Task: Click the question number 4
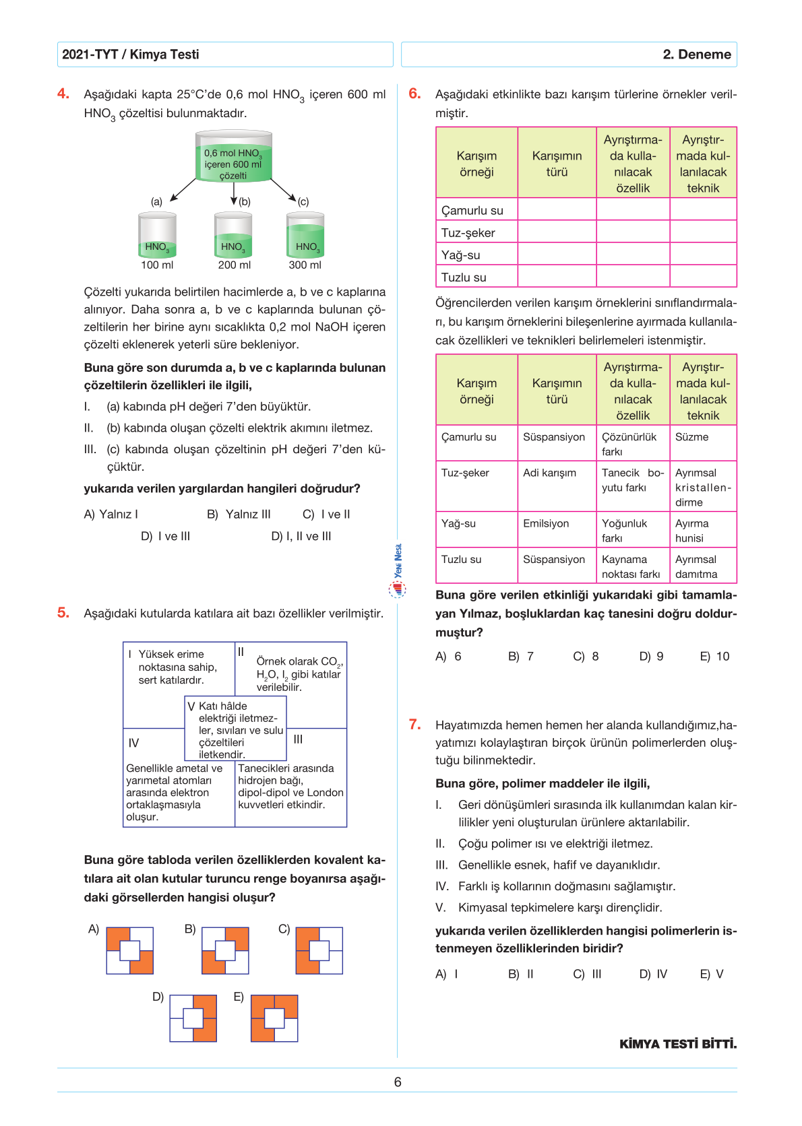(63, 94)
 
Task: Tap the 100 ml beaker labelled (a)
(157, 236)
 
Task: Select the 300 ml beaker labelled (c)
(305, 236)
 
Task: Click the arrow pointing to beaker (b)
(233, 193)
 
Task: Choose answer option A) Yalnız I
(111, 515)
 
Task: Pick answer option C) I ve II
(326, 515)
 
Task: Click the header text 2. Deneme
(696, 55)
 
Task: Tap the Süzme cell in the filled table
(692, 437)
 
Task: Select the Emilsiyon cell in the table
(546, 523)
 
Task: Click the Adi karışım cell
(549, 473)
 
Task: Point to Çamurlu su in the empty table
(472, 211)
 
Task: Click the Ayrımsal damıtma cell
(696, 566)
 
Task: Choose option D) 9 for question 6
(651, 657)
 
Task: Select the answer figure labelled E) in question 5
(274, 1018)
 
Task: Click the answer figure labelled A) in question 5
(130, 950)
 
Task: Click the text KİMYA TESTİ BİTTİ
(678, 1045)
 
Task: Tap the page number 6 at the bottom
(398, 1082)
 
